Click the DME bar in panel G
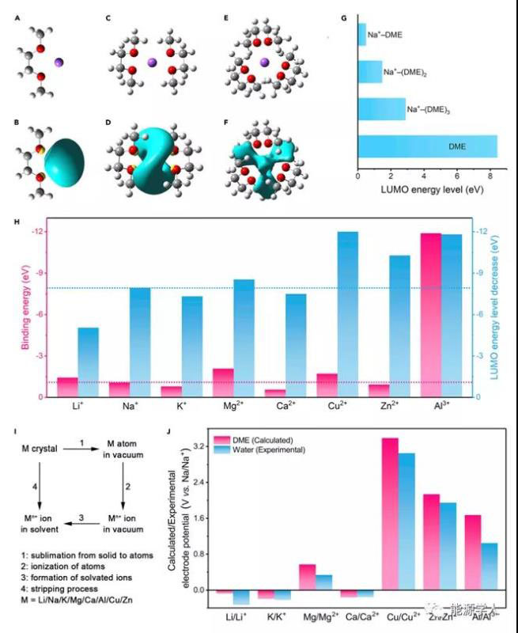point(427,147)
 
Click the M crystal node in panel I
point(39,448)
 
